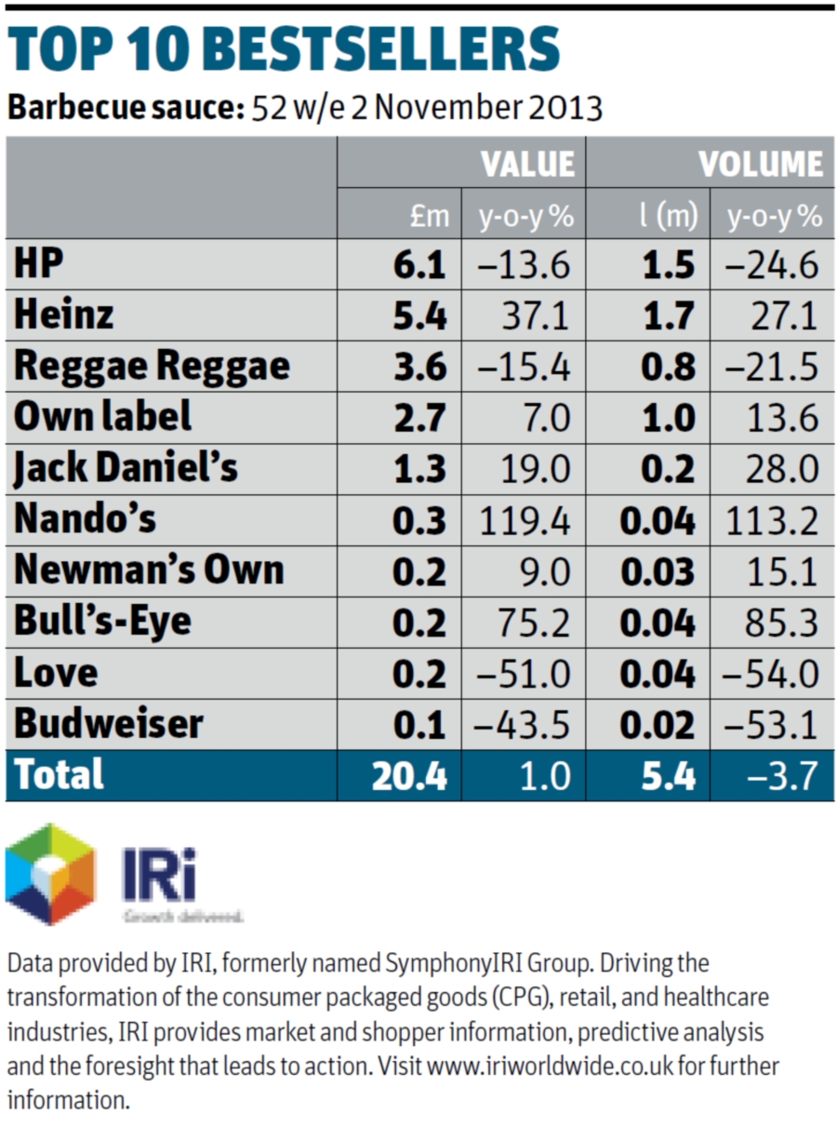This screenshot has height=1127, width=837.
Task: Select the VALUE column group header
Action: pyautogui.click(x=528, y=164)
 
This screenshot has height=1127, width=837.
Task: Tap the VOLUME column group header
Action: pyautogui.click(x=761, y=164)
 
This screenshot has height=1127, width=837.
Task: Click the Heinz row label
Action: pyautogui.click(x=63, y=315)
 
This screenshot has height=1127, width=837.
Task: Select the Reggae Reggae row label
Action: pyautogui.click(x=151, y=366)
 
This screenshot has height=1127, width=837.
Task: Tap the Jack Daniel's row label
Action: pyautogui.click(x=126, y=466)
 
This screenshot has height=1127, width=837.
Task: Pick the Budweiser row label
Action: pyautogui.click(x=109, y=723)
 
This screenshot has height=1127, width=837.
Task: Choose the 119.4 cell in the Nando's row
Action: pyautogui.click(x=525, y=519)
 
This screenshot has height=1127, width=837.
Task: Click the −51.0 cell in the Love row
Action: pyautogui.click(x=525, y=673)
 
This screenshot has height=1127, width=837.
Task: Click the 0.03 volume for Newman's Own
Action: pyautogui.click(x=658, y=570)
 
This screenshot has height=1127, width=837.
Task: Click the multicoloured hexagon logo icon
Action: pyautogui.click(x=50, y=874)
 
